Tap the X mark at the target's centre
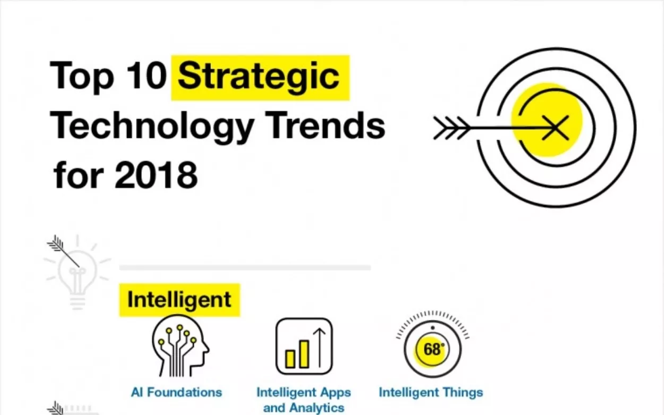(x=555, y=126)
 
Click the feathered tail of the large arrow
(x=450, y=128)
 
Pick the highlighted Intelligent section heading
(x=179, y=300)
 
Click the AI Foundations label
(x=176, y=393)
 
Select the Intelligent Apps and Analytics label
(x=303, y=400)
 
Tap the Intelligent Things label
(x=431, y=393)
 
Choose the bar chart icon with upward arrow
(x=304, y=346)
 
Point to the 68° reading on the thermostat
(x=432, y=350)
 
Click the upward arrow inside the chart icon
(x=319, y=347)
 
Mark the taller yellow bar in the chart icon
(x=304, y=353)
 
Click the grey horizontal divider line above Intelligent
(x=245, y=267)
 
